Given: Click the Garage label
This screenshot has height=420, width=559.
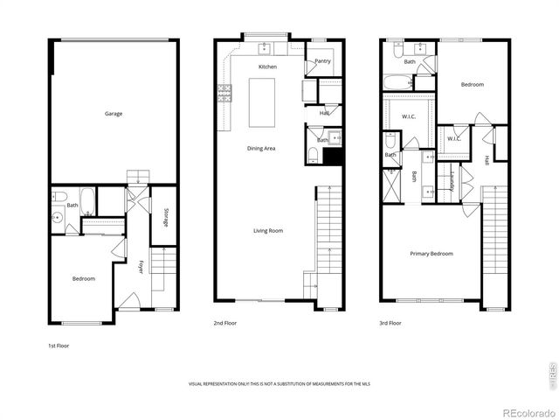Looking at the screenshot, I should tap(114, 114).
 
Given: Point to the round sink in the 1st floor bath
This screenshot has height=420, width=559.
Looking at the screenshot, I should tap(58, 216).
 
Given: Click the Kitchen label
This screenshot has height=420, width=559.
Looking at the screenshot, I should tap(267, 67).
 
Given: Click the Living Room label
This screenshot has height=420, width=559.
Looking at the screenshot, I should tap(268, 231).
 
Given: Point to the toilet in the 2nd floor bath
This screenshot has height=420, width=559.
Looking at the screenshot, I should tap(313, 156).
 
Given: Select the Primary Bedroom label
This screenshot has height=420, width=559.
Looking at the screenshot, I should tap(432, 254).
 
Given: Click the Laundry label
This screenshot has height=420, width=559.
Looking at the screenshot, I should tap(452, 181).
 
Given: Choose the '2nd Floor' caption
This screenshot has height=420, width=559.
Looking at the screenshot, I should tap(225, 323).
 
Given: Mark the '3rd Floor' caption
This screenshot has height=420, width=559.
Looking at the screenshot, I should tap(390, 323).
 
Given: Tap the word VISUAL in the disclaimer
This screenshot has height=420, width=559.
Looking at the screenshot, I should tap(198, 384).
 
